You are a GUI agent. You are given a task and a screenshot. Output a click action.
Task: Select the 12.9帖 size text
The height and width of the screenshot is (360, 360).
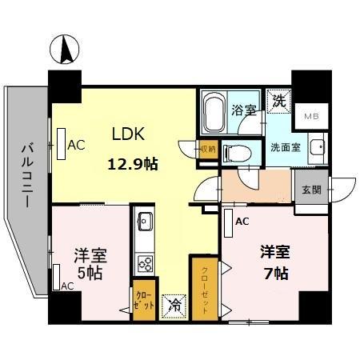coord(133,165)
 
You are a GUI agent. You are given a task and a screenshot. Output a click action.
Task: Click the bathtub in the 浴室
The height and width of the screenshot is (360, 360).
coord(214,113)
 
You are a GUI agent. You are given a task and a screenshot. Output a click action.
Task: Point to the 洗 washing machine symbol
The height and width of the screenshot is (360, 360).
coord(279,102)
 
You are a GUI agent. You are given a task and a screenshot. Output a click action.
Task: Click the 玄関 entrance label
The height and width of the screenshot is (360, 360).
coord(311,190)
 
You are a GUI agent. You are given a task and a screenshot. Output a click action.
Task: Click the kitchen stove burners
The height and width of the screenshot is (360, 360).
coord(146,262)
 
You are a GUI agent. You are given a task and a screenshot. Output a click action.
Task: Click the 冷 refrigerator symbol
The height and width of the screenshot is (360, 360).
coord(172,304)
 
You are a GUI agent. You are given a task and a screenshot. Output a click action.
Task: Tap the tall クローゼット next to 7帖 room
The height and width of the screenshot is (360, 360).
coord(203,287)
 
